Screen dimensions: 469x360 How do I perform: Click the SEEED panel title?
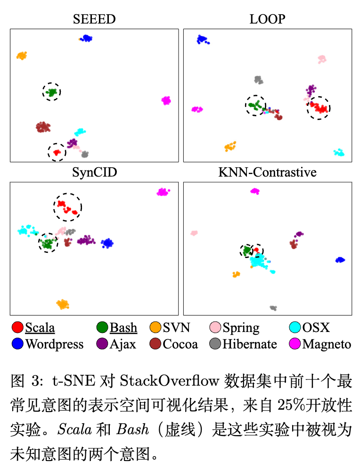click(94, 19)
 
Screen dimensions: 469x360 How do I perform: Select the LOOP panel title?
click(267, 19)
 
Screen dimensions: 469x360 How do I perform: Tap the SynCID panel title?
click(94, 172)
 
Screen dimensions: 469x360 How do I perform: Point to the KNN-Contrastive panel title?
click(267, 172)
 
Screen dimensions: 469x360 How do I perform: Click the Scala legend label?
click(40, 328)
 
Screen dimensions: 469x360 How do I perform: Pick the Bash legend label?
click(123, 328)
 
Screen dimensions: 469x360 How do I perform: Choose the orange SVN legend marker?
click(155, 328)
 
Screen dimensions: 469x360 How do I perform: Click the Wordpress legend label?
click(54, 344)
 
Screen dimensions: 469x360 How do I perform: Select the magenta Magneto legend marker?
click(295, 344)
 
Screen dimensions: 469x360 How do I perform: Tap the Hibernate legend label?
click(250, 344)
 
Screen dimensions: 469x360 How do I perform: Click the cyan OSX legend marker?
click(295, 328)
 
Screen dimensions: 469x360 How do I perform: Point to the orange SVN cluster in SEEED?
click(22, 56)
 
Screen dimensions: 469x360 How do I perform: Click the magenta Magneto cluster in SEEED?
click(166, 100)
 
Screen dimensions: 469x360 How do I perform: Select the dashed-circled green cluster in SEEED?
click(51, 92)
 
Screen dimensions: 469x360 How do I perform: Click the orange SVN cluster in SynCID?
click(63, 304)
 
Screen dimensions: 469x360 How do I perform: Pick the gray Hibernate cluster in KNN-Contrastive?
click(273, 308)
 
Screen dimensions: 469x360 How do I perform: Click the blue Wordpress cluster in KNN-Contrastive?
click(340, 260)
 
